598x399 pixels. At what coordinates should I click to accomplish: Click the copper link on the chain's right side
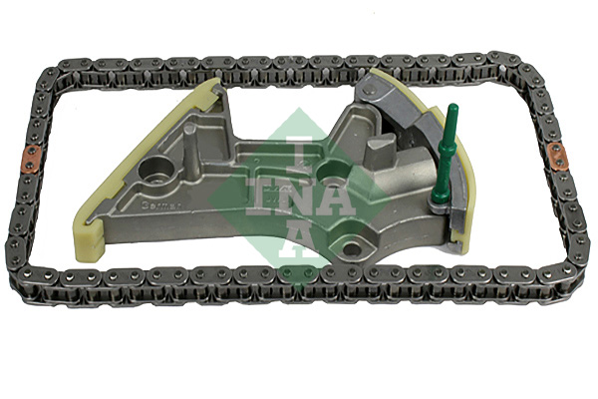pos(557,158)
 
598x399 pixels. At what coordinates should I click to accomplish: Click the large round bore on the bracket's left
pos(158,169)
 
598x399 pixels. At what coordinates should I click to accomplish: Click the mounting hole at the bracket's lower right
pos(353,242)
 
